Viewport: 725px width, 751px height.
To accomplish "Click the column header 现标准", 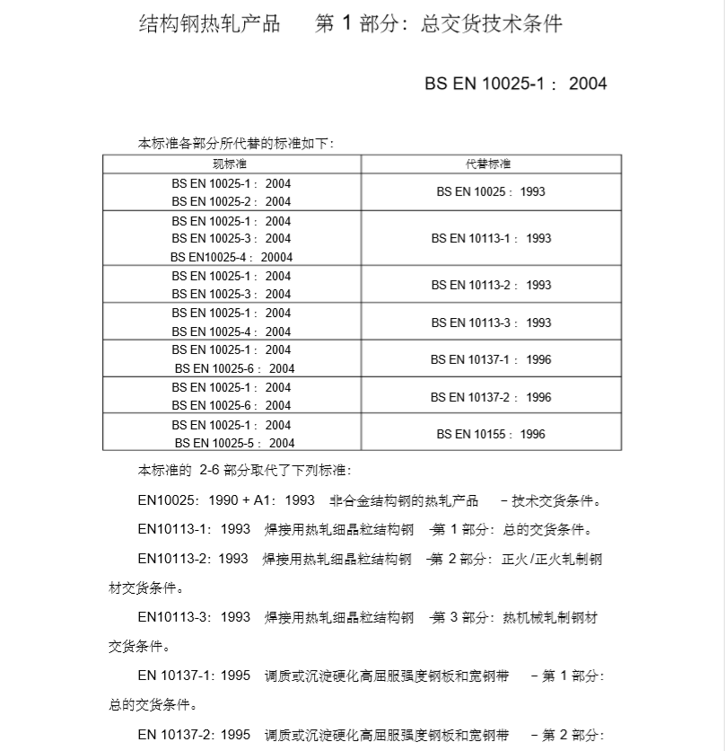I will (231, 164).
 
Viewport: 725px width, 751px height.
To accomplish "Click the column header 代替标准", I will (491, 164).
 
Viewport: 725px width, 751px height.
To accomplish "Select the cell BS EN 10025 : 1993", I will (491, 191).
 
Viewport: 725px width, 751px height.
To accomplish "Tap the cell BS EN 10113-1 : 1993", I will (491, 238).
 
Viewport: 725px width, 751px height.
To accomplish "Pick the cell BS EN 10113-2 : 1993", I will (491, 285).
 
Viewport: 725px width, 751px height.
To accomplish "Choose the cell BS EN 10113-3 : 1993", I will (491, 322).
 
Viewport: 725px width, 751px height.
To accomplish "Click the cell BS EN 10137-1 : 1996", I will (491, 359).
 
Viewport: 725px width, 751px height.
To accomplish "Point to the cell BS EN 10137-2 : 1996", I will (491, 397).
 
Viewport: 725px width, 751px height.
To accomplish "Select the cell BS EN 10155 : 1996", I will (491, 434).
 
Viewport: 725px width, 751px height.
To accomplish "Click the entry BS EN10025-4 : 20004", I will (231, 257).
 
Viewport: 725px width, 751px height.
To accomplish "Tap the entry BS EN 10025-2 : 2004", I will (231, 202).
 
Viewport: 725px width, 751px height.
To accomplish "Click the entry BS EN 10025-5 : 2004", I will (234, 443).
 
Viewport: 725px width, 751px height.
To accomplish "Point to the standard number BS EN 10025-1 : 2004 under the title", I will (516, 84).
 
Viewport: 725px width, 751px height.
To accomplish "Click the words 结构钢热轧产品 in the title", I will (209, 23).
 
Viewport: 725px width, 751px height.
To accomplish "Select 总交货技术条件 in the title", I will (492, 23).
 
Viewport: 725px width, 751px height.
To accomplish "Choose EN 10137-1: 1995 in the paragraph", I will (194, 676).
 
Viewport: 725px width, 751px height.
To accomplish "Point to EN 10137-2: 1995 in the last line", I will (194, 735).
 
